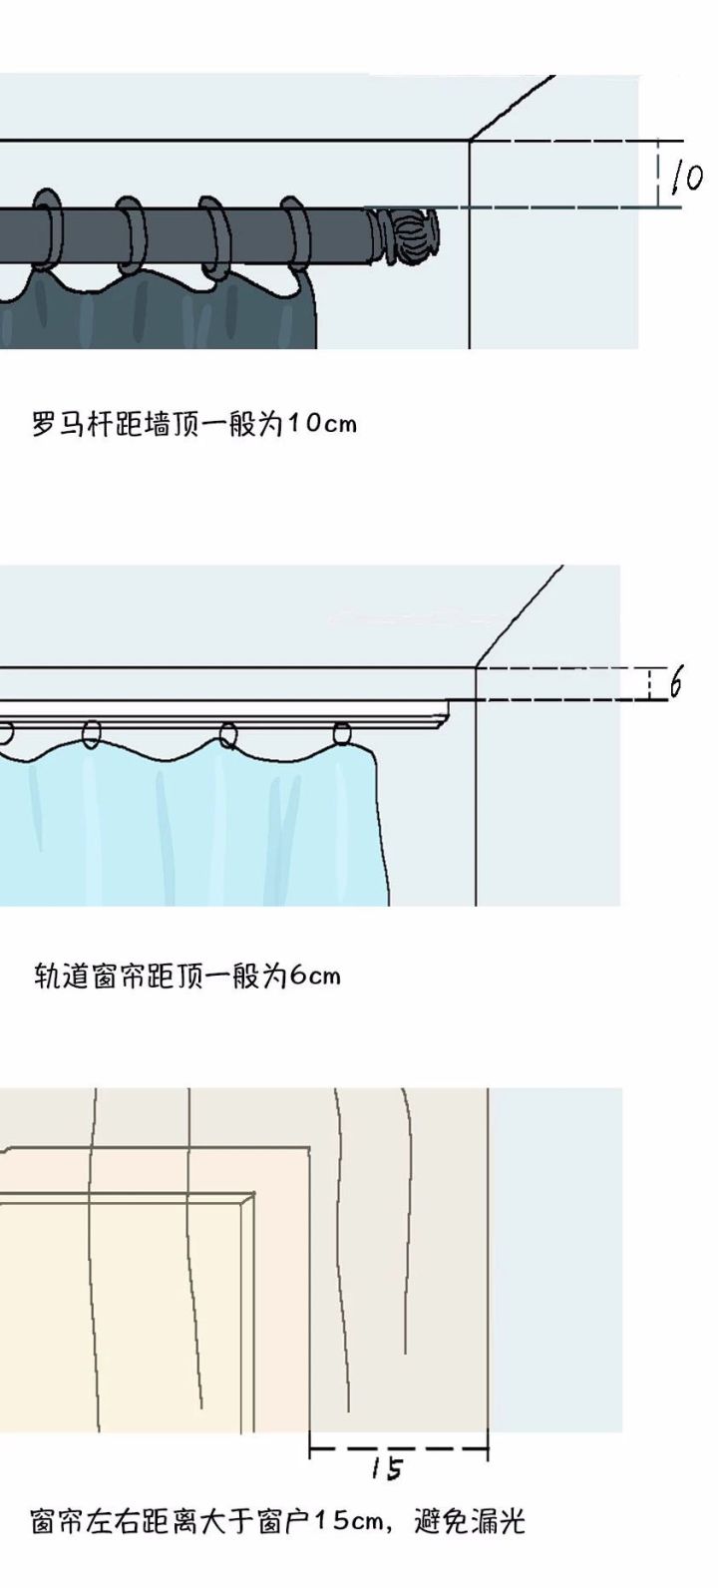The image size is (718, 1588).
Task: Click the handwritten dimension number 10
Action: [x=687, y=178]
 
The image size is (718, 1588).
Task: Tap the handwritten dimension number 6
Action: [x=676, y=684]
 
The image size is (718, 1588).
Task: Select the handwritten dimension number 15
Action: [x=387, y=1467]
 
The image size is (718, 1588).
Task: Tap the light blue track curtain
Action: [x=199, y=828]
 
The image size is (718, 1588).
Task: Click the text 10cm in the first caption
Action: [x=321, y=424]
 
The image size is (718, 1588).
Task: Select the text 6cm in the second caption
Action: [x=315, y=975]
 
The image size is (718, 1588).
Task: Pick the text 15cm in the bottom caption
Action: [x=348, y=1522]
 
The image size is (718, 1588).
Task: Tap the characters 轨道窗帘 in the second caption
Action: [x=89, y=975]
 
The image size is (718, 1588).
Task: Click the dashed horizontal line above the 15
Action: [x=399, y=1447]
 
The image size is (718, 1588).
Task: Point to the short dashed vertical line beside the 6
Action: [x=650, y=683]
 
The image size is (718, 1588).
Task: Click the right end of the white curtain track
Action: [x=451, y=709]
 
